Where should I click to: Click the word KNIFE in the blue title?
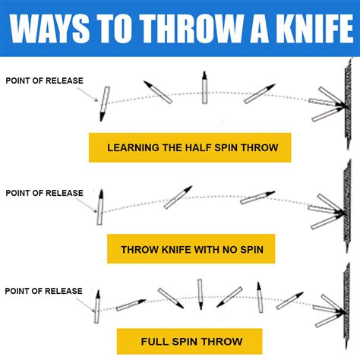click(314, 28)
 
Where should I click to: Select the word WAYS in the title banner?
click(50, 28)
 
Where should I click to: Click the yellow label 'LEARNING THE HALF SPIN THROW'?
click(190, 147)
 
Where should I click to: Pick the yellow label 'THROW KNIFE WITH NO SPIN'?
click(191, 249)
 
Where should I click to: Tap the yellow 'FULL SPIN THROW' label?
click(190, 341)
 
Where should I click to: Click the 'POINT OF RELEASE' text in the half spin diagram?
click(44, 81)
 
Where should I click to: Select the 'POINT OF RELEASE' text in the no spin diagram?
click(44, 193)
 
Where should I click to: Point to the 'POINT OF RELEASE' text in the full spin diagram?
click(43, 291)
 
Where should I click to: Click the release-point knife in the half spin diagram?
click(105, 103)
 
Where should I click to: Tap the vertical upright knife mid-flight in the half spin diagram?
click(204, 87)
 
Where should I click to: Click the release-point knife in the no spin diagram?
click(100, 207)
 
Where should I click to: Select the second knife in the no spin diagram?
click(178, 197)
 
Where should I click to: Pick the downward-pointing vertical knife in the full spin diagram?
click(201, 294)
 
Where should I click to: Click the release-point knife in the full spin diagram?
click(97, 307)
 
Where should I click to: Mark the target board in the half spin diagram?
click(349, 104)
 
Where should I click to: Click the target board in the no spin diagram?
click(347, 207)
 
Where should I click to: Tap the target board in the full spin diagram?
click(347, 306)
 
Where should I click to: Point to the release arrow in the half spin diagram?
click(87, 94)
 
